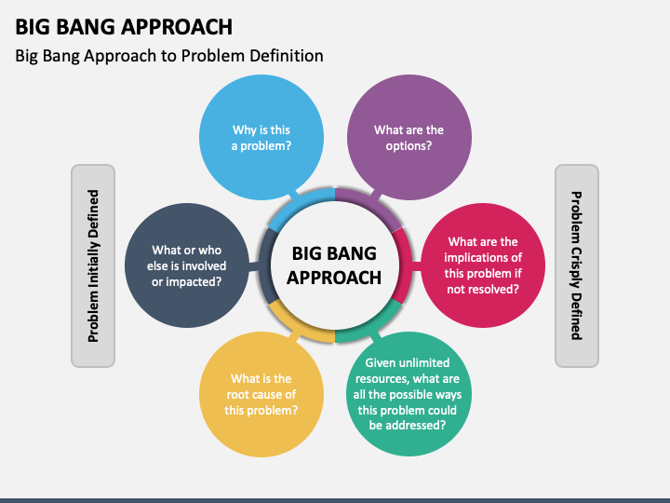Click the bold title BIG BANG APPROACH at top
click(124, 26)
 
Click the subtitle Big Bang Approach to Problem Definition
click(169, 56)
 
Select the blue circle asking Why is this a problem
click(261, 137)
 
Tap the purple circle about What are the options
click(409, 137)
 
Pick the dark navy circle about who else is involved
click(187, 265)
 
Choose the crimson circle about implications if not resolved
click(483, 265)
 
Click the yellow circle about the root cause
click(261, 394)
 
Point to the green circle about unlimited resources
click(409, 394)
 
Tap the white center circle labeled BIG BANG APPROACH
click(335, 265)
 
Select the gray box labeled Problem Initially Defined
click(93, 265)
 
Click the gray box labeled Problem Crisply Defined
click(577, 265)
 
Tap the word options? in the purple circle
click(409, 146)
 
